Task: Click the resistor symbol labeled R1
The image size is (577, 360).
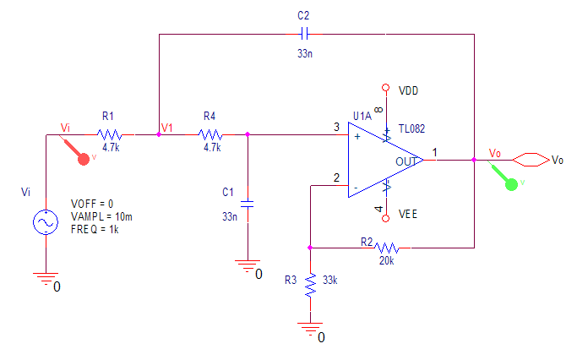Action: coord(110,134)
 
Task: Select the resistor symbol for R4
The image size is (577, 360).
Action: coord(210,134)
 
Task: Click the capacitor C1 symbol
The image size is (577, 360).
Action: coord(247,204)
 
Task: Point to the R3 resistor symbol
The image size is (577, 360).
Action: coord(311,284)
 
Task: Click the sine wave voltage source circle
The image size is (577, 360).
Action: coord(44,222)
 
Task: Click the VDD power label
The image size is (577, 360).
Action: coord(409,90)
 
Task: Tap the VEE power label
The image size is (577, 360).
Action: coord(409,215)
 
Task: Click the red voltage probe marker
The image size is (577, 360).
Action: coord(82,157)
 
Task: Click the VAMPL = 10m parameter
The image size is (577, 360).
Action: coord(102,217)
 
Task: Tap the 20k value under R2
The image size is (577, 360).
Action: coord(388,260)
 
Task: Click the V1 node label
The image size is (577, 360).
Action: coord(166,128)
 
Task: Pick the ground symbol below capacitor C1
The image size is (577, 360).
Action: coord(247,267)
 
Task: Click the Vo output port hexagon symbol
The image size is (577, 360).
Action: coord(530,159)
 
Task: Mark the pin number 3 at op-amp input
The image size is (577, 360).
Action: coord(336,128)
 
